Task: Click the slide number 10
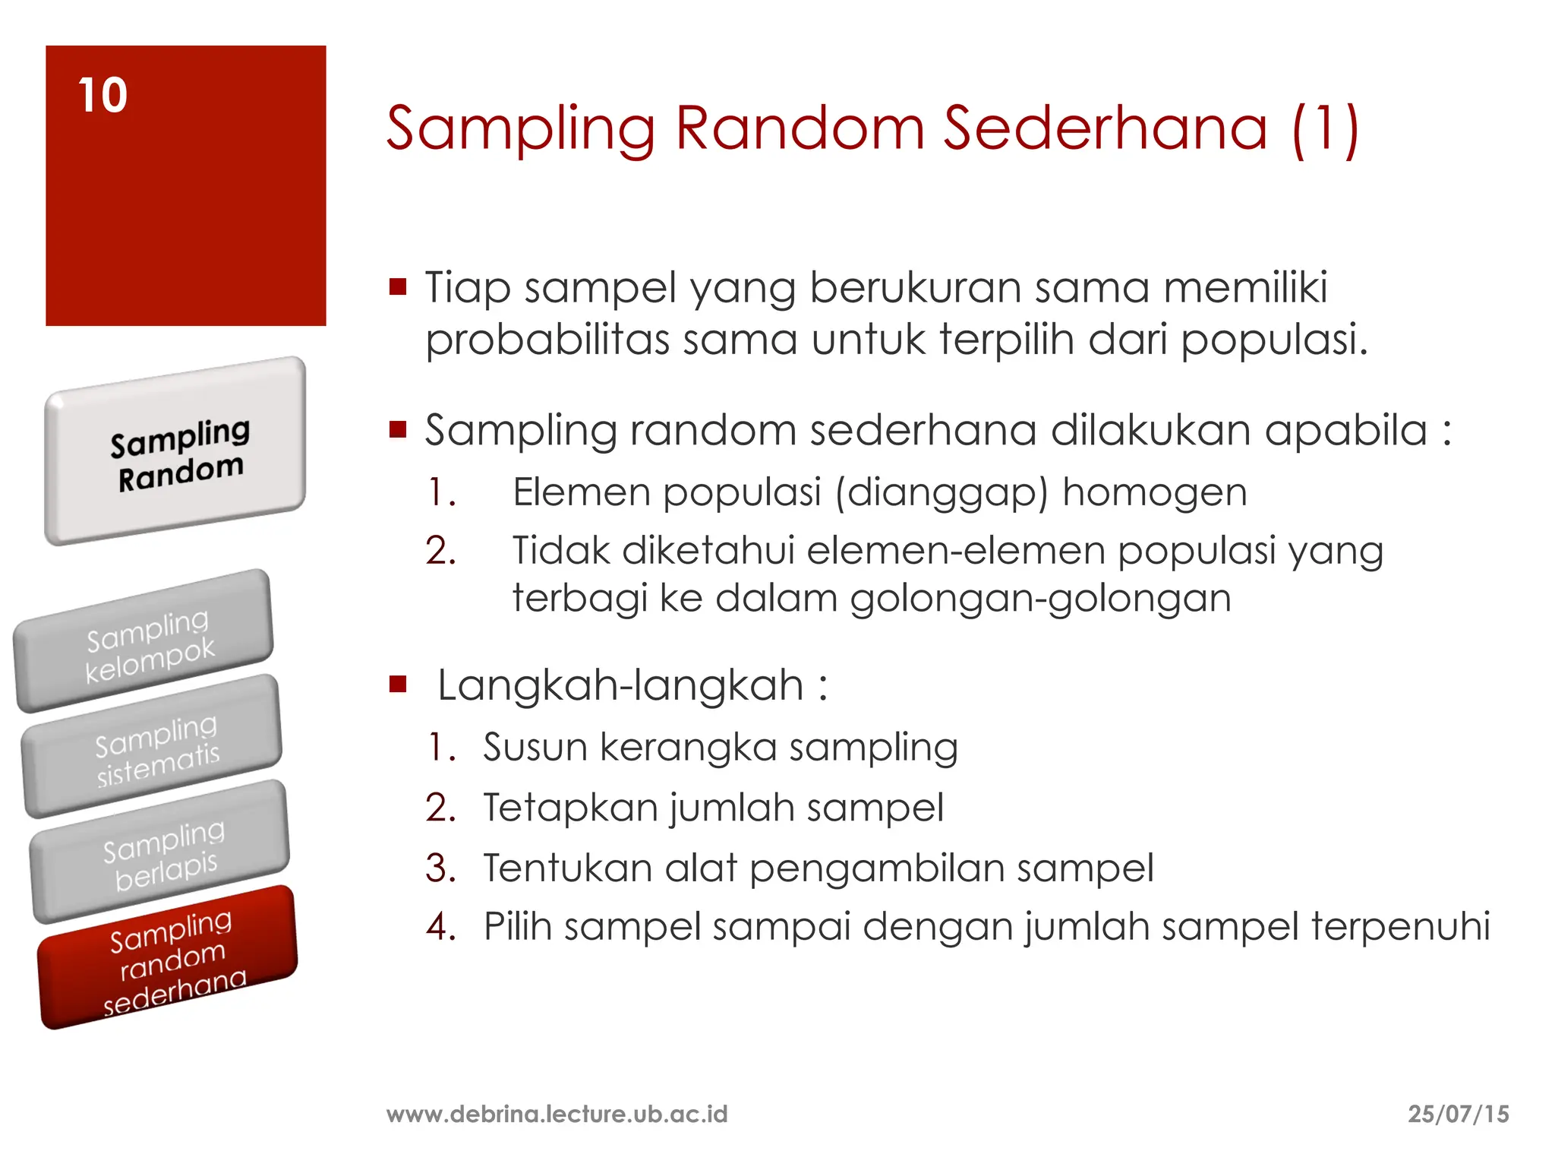click(103, 96)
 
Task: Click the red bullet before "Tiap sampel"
click(398, 287)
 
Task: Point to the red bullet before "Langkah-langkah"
click(398, 685)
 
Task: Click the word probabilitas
click(547, 339)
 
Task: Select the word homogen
click(1154, 492)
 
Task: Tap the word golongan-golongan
click(1040, 598)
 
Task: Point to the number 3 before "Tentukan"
click(440, 868)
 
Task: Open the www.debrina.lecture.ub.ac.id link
click(557, 1114)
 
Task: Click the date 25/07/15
click(1458, 1114)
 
